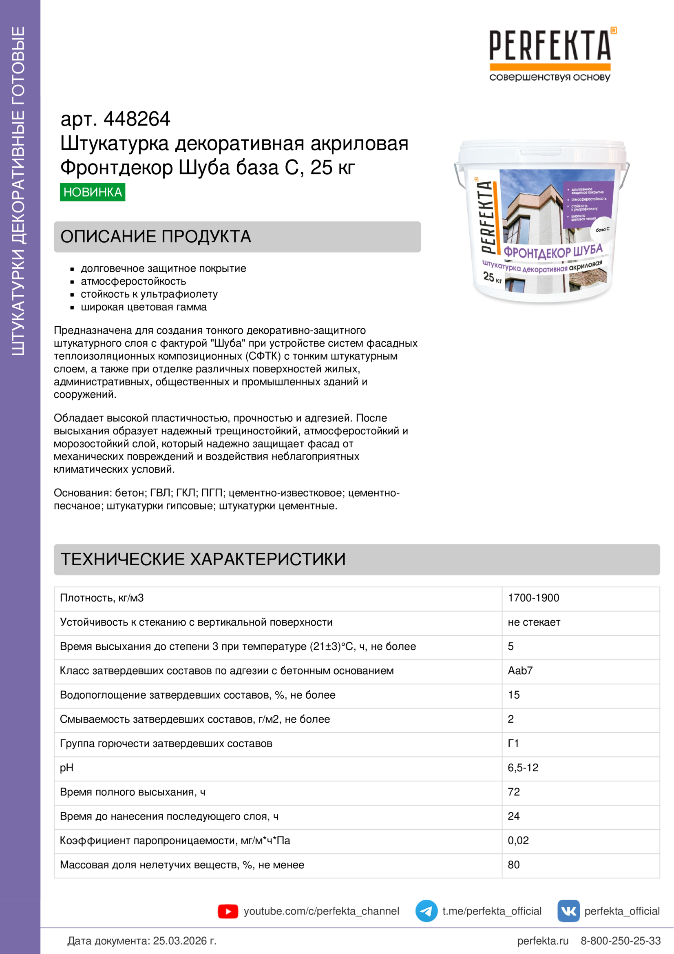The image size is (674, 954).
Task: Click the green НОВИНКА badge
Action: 92,192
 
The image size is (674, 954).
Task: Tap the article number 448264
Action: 137,119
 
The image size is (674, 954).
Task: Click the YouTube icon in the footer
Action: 228,911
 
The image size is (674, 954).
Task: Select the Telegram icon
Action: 426,911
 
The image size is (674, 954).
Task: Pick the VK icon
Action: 568,911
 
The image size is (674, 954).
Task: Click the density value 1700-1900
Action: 533,598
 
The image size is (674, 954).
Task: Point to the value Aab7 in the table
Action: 520,671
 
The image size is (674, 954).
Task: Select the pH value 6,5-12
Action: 523,768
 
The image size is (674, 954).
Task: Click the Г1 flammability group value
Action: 513,744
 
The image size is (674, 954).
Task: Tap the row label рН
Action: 66,768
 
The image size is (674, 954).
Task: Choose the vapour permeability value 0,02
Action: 518,840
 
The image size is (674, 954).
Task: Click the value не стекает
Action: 534,622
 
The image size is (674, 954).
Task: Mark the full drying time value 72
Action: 514,792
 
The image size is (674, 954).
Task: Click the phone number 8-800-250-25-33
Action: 621,941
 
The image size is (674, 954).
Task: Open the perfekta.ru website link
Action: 542,941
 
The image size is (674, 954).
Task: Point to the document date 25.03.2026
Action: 184,941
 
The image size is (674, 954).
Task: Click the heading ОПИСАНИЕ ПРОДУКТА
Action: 156,237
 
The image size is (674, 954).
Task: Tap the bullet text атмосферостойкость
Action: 133,281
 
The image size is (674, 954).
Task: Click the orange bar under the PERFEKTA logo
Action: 550,66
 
